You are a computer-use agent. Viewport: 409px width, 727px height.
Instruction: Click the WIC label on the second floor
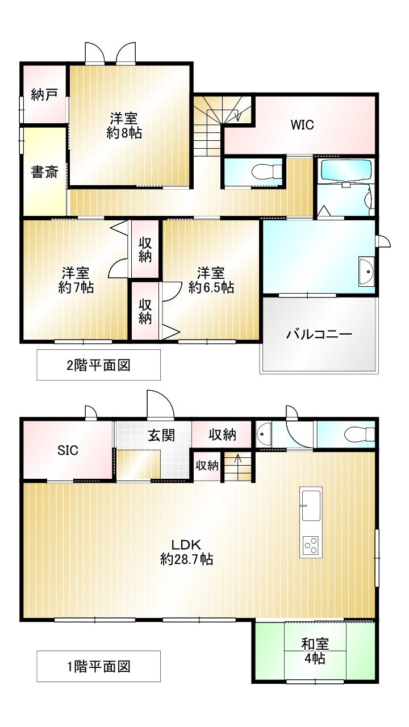click(302, 125)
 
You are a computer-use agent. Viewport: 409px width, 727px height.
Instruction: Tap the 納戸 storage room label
click(44, 94)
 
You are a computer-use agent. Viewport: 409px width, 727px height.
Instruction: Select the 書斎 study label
click(44, 172)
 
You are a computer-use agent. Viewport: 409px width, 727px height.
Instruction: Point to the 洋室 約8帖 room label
click(124, 126)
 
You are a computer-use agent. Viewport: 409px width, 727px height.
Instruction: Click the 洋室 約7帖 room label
click(76, 280)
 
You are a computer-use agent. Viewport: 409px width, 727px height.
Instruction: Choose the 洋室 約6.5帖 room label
click(211, 280)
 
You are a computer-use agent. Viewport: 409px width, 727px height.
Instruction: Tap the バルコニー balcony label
click(319, 335)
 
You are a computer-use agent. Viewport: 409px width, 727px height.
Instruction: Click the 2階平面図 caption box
click(98, 365)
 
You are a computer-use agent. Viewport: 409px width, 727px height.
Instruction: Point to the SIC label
click(68, 450)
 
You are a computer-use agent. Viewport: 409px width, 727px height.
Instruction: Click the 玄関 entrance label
click(161, 436)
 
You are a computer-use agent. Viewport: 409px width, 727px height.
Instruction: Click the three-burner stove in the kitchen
click(311, 546)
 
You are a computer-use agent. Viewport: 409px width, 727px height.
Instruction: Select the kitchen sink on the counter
click(311, 505)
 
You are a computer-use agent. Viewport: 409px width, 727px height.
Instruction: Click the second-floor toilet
click(268, 172)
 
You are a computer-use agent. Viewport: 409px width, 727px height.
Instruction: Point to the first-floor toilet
click(359, 434)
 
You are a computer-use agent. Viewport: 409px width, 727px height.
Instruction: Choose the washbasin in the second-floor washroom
click(366, 272)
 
